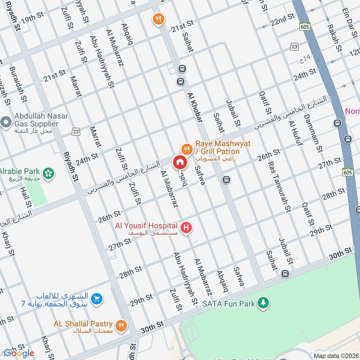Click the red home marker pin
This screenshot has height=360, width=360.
[x=179, y=162]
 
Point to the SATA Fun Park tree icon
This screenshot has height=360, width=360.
[x=263, y=303]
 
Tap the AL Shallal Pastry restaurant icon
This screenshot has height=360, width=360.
[x=121, y=325]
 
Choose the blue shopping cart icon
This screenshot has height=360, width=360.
[x=96, y=298]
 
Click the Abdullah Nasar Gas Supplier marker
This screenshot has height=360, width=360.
[x=6, y=121]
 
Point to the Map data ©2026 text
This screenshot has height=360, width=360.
[x=336, y=355]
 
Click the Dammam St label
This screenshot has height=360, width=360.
[x=313, y=133]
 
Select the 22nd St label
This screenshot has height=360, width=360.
[x=282, y=20]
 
